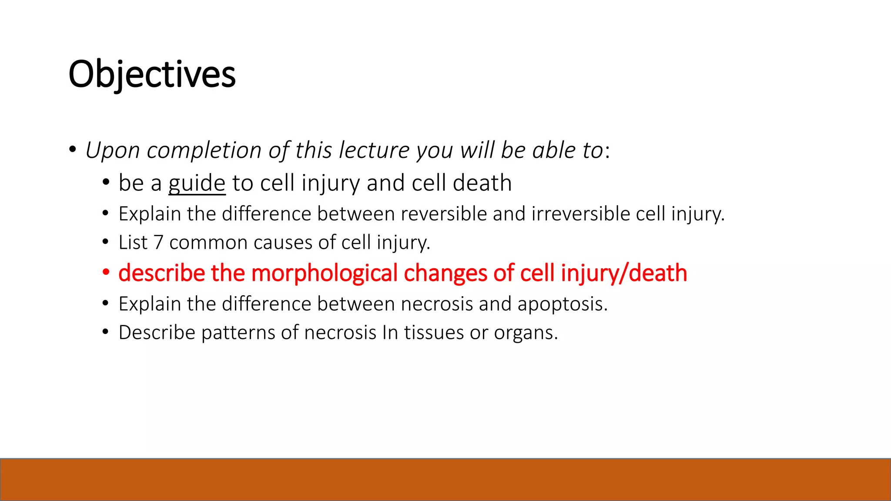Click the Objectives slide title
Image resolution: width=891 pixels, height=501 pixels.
coord(152,75)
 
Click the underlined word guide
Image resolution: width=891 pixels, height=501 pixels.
coord(197,183)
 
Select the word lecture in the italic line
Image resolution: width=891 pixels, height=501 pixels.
coord(374,150)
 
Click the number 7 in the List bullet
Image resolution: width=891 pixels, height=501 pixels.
coord(158,243)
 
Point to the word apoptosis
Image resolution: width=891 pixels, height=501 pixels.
coord(562,304)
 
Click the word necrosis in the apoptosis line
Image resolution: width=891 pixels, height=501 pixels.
coord(436,304)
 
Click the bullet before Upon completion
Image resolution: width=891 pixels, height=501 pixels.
coord(72,150)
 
